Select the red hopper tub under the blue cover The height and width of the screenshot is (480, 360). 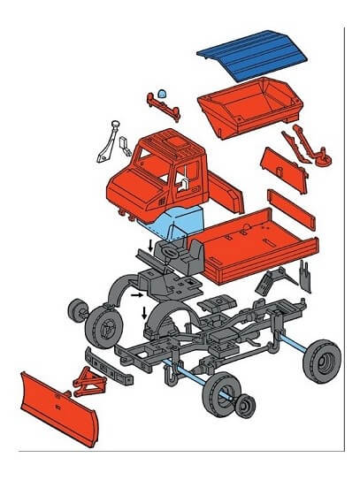tap(248, 109)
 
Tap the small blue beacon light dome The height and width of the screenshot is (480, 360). tap(165, 93)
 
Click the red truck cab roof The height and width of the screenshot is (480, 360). tap(172, 143)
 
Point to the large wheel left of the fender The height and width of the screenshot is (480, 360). tap(104, 326)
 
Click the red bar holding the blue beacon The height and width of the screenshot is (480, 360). tap(168, 108)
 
